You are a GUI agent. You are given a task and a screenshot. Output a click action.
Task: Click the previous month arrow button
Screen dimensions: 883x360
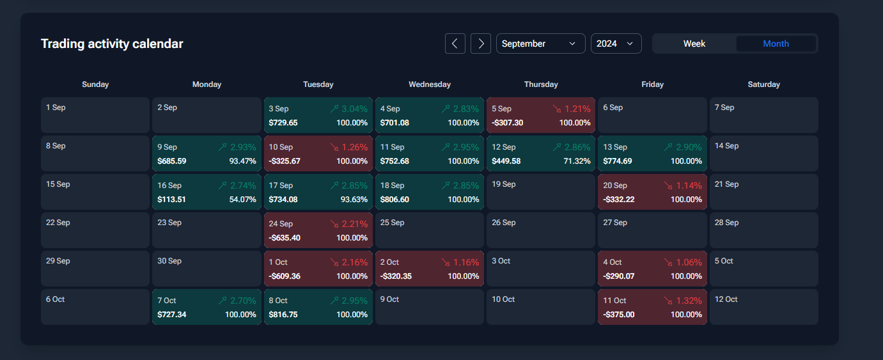(455, 43)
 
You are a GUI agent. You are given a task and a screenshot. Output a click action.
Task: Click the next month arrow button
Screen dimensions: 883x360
(481, 43)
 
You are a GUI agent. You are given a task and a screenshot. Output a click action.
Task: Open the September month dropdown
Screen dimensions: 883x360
(540, 43)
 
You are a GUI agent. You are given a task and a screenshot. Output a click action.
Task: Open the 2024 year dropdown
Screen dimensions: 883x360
(616, 43)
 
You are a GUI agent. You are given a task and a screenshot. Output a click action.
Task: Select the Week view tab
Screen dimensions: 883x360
(694, 43)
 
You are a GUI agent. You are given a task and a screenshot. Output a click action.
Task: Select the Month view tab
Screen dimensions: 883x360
(776, 43)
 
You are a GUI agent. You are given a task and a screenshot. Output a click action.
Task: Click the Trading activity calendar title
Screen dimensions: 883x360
(112, 43)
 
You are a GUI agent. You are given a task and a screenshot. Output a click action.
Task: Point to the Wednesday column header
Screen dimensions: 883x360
(430, 84)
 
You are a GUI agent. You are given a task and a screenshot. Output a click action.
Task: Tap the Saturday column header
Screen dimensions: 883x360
(764, 84)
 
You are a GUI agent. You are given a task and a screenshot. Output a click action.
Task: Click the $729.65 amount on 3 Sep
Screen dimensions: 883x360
(283, 123)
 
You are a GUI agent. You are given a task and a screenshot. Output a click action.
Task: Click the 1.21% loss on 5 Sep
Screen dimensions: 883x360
(577, 109)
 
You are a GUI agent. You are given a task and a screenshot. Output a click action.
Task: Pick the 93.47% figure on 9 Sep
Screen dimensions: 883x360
(242, 161)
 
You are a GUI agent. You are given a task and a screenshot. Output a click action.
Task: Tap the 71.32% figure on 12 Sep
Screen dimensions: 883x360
(577, 161)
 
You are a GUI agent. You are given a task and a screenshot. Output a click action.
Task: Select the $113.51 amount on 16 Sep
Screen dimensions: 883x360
(171, 200)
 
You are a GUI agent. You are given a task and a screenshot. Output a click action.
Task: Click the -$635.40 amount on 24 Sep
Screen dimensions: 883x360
(285, 238)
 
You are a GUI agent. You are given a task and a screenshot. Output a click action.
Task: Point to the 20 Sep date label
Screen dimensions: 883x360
(615, 185)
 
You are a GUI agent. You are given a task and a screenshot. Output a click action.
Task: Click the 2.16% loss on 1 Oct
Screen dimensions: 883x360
(354, 262)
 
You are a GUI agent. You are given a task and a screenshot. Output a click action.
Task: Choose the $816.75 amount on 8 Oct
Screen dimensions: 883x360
(283, 315)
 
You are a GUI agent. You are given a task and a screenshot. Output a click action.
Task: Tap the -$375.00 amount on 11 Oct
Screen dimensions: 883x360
(619, 315)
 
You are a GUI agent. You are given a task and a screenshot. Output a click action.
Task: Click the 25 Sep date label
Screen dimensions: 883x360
(392, 223)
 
